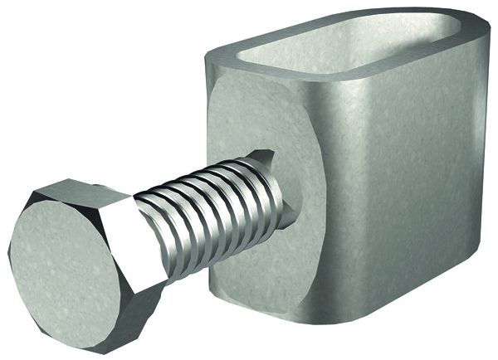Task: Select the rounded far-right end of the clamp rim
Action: click(486, 37)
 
